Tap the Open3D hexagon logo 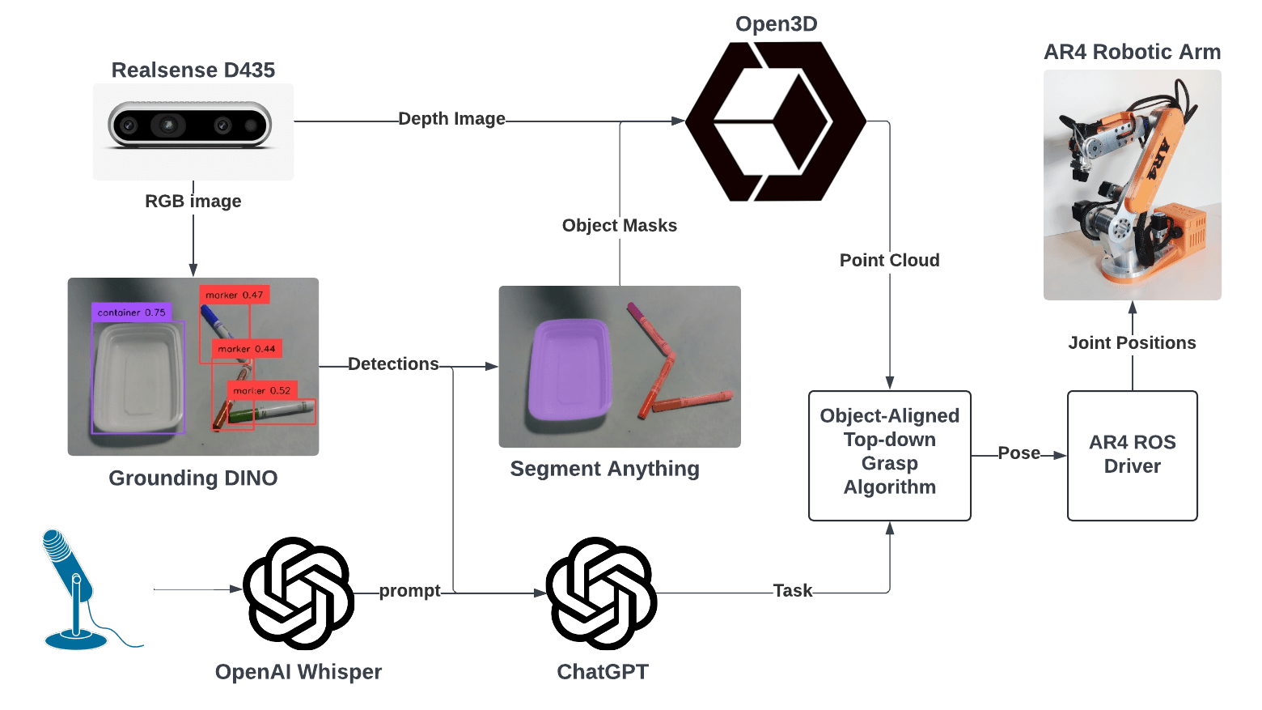tap(775, 121)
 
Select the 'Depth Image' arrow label tap(451, 119)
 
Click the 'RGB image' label tap(193, 201)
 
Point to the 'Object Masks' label tap(619, 225)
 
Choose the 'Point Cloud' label tap(889, 260)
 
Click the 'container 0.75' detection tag tap(131, 312)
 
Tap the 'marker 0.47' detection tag tap(234, 295)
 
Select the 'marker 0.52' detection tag tap(261, 390)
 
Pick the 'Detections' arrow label tap(393, 364)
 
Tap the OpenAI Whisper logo tap(298, 593)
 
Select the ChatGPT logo tap(601, 593)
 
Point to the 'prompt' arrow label tap(409, 591)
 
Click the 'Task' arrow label tap(792, 591)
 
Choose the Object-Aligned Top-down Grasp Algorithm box tap(889, 455)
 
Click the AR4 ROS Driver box tap(1132, 455)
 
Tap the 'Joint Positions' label tap(1132, 342)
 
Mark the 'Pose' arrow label tap(1018, 453)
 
